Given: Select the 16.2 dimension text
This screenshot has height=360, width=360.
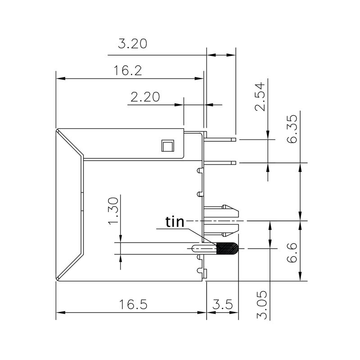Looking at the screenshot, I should click(x=128, y=70).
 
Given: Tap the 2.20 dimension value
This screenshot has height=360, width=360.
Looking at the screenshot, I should click(x=145, y=97).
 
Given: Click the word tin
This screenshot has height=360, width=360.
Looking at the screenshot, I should click(x=175, y=222).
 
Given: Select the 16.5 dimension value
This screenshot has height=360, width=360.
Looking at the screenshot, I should click(x=133, y=305).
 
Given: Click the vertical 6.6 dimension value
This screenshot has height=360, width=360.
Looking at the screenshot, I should click(x=292, y=254).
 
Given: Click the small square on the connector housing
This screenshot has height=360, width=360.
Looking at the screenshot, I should click(x=167, y=146).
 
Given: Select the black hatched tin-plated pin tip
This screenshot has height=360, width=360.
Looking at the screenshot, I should click(x=227, y=248).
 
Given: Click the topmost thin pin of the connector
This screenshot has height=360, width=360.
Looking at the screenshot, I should click(x=220, y=139).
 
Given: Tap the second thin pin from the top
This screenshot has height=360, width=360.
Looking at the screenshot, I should click(x=220, y=162).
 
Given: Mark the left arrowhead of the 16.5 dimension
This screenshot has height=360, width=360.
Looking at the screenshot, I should click(x=59, y=312).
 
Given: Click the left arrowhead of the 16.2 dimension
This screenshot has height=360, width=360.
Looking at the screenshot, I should click(x=59, y=78).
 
